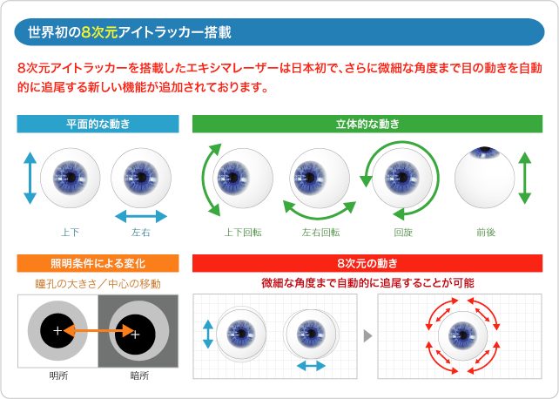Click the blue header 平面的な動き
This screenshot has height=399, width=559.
(98, 124)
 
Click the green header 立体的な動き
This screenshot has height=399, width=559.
(367, 124)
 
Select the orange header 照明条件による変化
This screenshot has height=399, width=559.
(98, 263)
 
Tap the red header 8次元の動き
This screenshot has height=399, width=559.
(367, 263)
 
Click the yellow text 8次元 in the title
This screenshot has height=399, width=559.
(99, 32)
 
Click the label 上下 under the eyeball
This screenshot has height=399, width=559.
(70, 233)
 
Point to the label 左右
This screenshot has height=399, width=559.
(141, 233)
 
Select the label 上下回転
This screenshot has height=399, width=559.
(243, 233)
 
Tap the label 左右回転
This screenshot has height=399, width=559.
(320, 233)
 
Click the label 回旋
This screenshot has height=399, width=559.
(403, 233)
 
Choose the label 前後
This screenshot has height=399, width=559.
(486, 233)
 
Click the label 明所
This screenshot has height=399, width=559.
(58, 375)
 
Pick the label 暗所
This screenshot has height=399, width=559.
(139, 375)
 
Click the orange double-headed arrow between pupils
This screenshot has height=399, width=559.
(98, 330)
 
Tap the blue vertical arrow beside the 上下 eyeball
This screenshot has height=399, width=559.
(30, 178)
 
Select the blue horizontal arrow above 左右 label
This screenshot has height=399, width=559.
(141, 216)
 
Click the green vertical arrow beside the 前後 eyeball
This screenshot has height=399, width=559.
(525, 178)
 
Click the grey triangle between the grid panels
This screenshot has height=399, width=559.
(368, 336)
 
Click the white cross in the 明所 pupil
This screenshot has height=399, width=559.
(57, 331)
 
